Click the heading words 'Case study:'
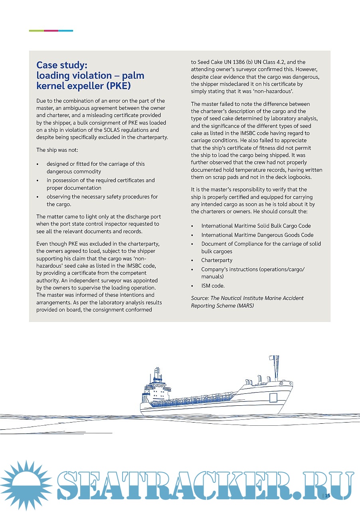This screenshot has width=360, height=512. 62,65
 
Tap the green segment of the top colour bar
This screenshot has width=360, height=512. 36,31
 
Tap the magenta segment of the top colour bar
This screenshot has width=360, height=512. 51,31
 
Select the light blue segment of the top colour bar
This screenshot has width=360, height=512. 65,31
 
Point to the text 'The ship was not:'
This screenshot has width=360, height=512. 57,150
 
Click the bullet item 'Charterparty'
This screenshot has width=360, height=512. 217,260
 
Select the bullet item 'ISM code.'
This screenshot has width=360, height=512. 213,286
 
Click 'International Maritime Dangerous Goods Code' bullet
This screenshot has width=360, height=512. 257,235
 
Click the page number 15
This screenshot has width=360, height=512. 328,496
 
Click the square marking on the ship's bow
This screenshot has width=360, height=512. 273,397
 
